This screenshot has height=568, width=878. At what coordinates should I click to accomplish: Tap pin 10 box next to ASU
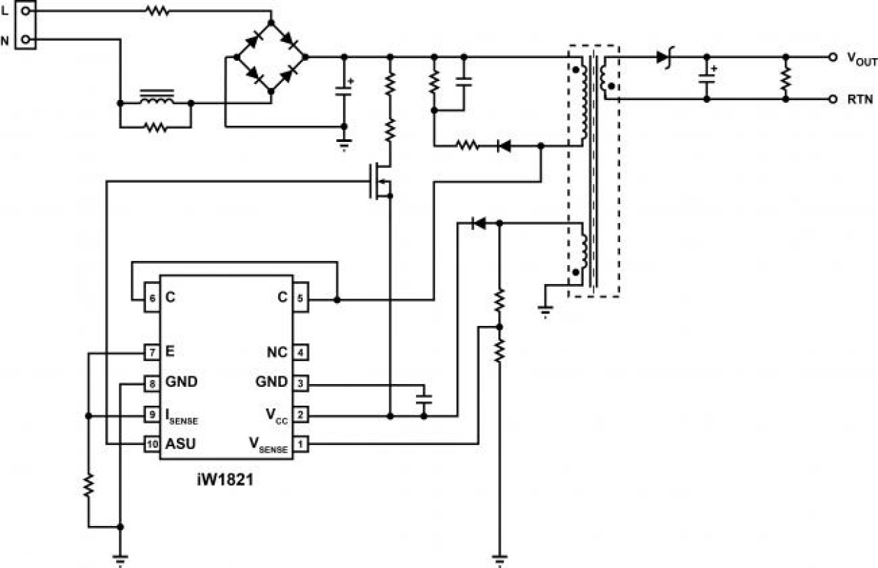pos(151,443)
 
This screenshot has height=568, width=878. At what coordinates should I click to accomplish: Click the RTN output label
pos(860,100)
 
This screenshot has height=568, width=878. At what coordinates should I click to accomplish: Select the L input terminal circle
pos(26,11)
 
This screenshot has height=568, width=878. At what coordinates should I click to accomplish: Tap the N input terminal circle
pos(26,40)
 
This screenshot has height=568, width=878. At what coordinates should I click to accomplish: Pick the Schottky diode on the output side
pos(663,57)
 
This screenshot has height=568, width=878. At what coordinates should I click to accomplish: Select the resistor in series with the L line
pos(156,11)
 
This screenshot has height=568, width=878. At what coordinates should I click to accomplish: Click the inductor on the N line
pos(156,99)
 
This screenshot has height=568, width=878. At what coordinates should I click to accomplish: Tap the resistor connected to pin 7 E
pos(88,485)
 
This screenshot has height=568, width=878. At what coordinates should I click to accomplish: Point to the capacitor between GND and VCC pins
pos(424,399)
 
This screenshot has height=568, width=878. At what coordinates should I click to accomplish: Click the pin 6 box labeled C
pos(151,297)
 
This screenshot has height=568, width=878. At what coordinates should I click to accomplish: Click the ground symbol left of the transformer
pos(545,308)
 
